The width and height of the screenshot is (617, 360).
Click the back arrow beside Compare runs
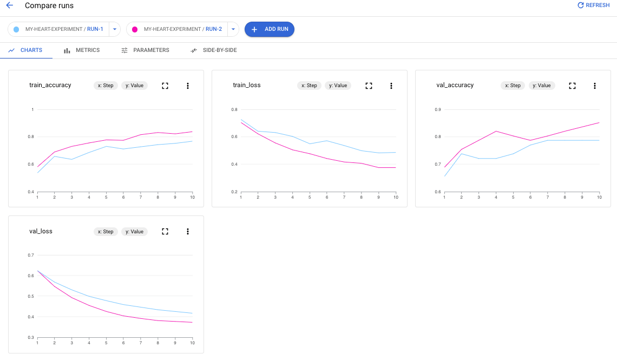click(9, 5)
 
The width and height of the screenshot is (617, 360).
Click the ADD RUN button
click(270, 29)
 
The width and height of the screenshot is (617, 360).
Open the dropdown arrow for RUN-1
click(114, 29)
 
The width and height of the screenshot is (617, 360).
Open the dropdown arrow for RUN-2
click(233, 29)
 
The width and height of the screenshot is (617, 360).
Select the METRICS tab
click(82, 50)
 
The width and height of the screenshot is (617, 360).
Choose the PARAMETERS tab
click(145, 50)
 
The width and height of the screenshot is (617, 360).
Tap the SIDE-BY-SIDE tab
click(214, 50)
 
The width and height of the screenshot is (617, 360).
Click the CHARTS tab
click(25, 50)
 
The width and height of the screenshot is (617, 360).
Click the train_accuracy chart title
click(50, 86)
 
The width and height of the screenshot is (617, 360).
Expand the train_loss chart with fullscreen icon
click(369, 86)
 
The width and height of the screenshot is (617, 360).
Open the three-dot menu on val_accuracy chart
click(594, 86)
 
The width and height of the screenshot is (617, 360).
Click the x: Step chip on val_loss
click(106, 232)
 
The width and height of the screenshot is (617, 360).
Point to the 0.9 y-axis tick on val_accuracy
click(438, 110)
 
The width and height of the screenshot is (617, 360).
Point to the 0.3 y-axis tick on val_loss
click(31, 337)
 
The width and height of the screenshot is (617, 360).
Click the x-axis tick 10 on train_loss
click(396, 197)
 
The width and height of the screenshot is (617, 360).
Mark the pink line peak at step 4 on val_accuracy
click(496, 131)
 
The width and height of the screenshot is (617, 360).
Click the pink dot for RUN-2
click(135, 29)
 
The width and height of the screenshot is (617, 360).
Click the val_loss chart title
click(41, 232)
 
